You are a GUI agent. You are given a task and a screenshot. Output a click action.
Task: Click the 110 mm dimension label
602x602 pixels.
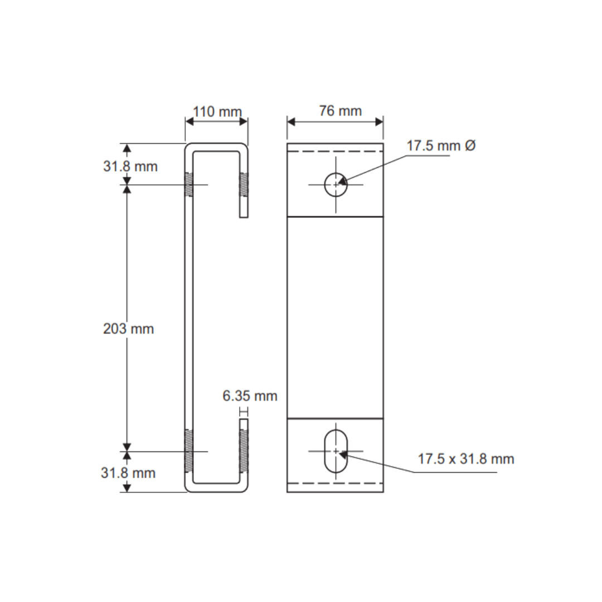tap(217, 111)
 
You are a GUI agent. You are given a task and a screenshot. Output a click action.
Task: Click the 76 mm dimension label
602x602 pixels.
tap(340, 111)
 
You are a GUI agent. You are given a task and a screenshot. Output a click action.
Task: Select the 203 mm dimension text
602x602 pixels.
tap(128, 329)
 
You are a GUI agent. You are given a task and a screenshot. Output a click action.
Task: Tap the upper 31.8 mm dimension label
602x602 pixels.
tap(130, 166)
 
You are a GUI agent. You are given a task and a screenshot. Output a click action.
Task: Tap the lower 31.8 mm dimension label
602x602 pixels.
tap(128, 473)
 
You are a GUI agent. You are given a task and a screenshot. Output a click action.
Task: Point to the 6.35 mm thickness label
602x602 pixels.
tap(250, 396)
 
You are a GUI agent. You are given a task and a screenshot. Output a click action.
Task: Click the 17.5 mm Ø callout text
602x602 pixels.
tap(440, 146)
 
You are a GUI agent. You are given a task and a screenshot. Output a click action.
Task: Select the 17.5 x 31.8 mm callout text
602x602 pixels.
tap(466, 459)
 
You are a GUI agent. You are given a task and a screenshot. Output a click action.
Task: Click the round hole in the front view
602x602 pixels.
tap(336, 185)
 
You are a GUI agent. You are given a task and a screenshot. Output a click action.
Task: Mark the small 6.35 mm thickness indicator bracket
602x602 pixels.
tap(243, 412)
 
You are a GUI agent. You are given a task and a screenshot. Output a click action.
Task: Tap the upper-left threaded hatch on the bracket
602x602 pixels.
tap(189, 185)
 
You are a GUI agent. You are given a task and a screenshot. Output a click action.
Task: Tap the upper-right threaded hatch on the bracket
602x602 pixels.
tap(244, 185)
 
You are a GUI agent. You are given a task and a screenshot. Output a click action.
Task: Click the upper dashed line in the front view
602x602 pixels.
tap(335, 151)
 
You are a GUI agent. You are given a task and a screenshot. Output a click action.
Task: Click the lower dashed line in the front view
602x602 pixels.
tap(335, 483)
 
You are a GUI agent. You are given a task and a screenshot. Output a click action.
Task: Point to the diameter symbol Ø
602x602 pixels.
tap(470, 146)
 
